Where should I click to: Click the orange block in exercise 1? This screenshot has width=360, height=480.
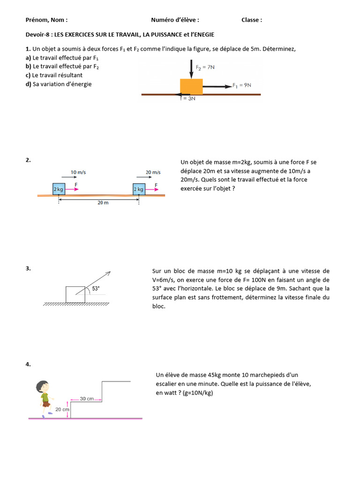coord(191,87)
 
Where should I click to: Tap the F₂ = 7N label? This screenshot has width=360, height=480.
coord(205,67)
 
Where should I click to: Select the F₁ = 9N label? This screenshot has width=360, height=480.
coord(242,85)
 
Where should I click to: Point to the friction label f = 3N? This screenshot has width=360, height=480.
coord(188,98)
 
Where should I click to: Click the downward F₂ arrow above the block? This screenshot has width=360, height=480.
coord(191,69)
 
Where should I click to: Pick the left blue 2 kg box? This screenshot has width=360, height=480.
coord(59,189)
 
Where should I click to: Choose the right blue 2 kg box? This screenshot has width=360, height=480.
coord(139,189)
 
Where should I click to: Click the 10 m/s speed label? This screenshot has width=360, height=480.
coord(78,172)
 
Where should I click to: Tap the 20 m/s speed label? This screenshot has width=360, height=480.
coord(153,172)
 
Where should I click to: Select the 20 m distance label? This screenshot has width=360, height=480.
coord(103,202)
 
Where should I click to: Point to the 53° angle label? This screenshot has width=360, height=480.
coord(96,288)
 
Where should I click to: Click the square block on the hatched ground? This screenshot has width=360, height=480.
coord(75,294)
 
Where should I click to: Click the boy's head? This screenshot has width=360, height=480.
coord(42,386)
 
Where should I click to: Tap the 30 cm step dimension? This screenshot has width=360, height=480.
coord(87,398)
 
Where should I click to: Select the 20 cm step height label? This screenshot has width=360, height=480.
coord(62,409)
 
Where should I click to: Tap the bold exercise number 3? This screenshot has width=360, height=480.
coord(28,269)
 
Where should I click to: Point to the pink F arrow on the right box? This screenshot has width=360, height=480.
coord(152,189)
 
